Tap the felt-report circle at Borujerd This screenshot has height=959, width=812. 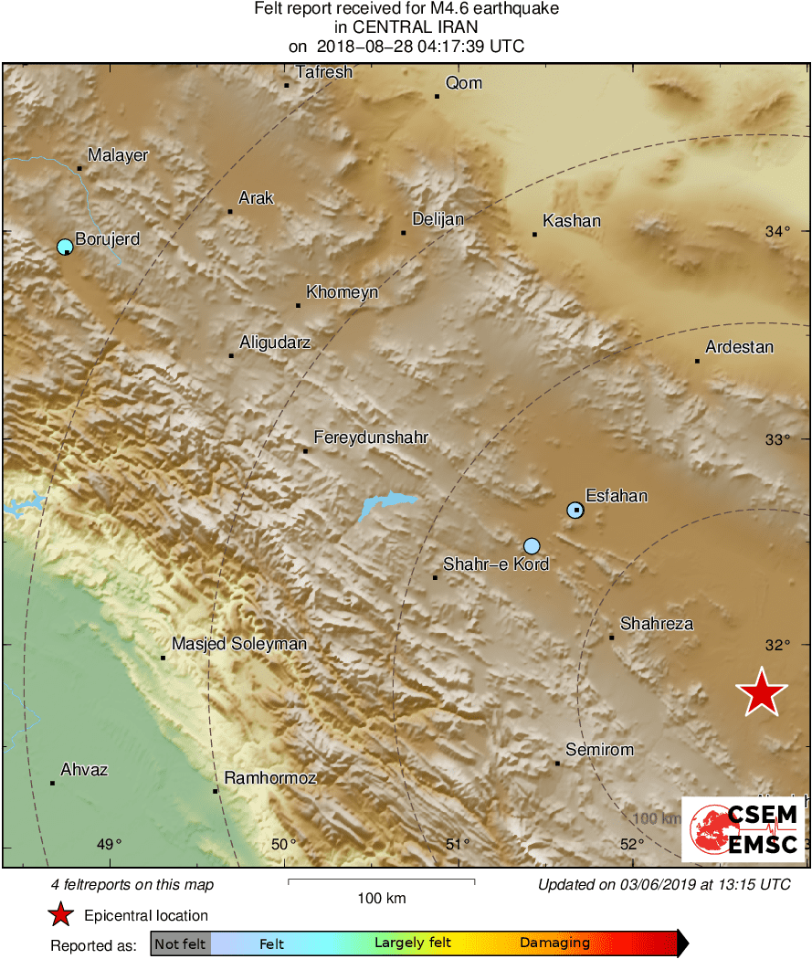(x=65, y=247)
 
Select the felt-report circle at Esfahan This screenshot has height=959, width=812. (x=575, y=511)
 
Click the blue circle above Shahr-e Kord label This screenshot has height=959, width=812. (x=533, y=546)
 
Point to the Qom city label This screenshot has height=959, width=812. (x=463, y=83)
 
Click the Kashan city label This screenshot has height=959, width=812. (x=572, y=221)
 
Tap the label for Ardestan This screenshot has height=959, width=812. (x=739, y=347)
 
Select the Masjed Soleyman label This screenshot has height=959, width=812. (x=239, y=644)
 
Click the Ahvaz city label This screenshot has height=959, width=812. (x=84, y=770)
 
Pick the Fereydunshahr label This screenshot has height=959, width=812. (x=371, y=438)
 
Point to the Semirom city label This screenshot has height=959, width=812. (x=599, y=750)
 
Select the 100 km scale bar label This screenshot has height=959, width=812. (x=382, y=899)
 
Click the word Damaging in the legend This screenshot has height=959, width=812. (x=554, y=943)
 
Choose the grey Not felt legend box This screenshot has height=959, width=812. (x=180, y=943)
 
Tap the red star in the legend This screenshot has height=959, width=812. (x=60, y=914)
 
